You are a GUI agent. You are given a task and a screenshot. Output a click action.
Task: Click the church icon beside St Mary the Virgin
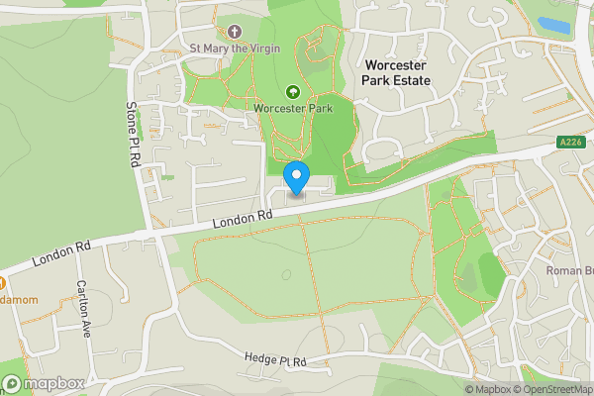235,31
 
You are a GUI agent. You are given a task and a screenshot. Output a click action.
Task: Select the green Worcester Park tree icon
292,91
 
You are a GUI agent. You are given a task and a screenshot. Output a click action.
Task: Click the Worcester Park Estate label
398,73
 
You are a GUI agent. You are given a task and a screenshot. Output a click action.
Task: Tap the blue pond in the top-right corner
551,22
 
